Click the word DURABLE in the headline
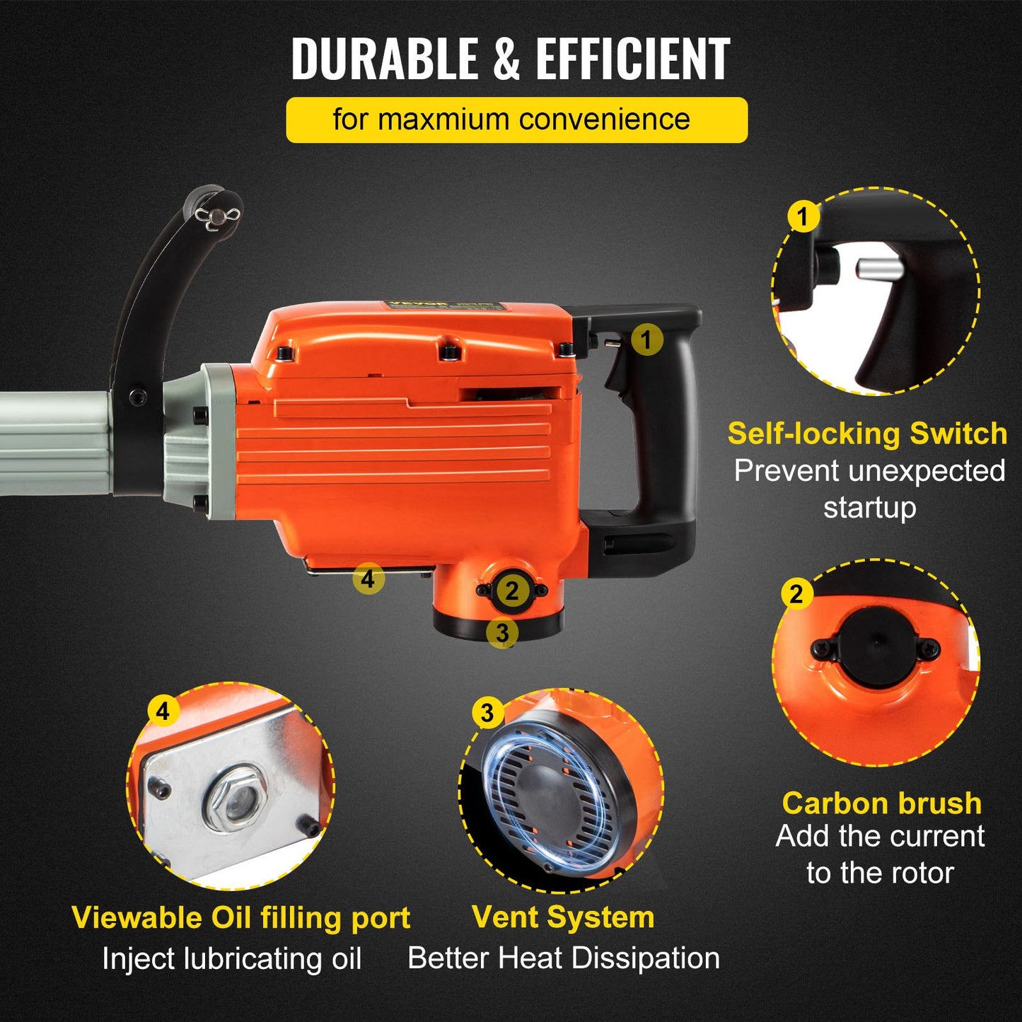(385, 59)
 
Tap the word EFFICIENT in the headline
(632, 59)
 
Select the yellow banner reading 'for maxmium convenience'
(516, 120)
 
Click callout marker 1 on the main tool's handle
(646, 340)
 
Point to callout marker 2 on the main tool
(511, 591)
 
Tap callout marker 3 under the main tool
(502, 632)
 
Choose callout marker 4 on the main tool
(368, 579)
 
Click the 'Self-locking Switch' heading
(867, 434)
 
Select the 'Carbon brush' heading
(881, 803)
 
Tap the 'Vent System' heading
(563, 917)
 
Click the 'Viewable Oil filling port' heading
(241, 918)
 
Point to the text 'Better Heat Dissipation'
(564, 958)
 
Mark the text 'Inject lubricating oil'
(232, 959)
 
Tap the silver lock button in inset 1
(878, 269)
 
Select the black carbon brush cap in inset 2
(876, 646)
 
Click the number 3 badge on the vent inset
(487, 714)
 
